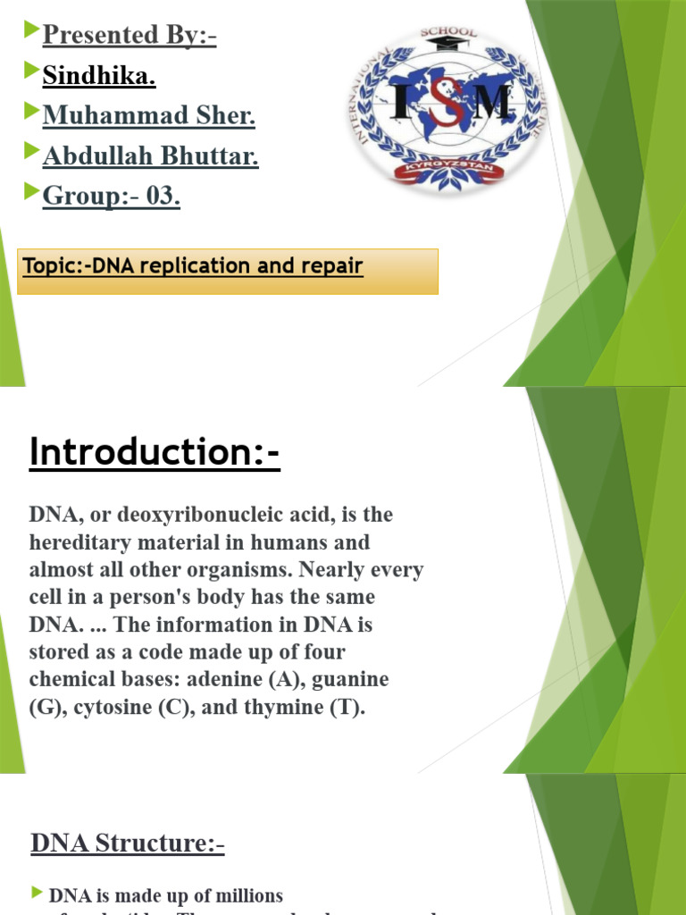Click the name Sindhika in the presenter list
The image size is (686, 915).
click(98, 77)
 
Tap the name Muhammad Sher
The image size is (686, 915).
click(148, 115)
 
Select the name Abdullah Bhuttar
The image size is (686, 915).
click(150, 156)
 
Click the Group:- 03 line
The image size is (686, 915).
click(111, 197)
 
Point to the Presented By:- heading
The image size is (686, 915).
click(130, 36)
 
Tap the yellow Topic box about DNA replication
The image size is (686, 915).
click(228, 271)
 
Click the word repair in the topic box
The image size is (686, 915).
click(335, 266)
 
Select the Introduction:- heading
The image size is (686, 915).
click(155, 452)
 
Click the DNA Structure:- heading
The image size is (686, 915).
click(127, 843)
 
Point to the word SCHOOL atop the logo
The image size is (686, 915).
click(448, 33)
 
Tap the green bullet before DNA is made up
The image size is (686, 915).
click(37, 893)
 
